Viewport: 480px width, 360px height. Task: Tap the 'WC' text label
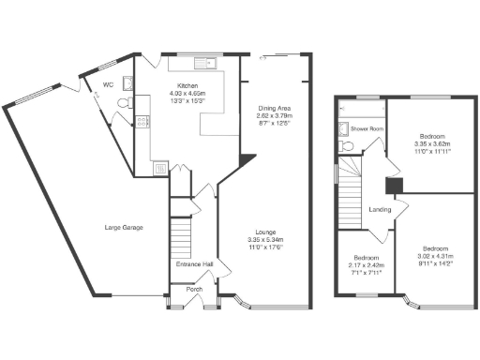click(x=107, y=83)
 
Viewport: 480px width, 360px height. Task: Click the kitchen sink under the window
click(x=203, y=64)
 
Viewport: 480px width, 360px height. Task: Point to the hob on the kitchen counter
click(x=142, y=121)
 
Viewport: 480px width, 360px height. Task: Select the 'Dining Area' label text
click(x=277, y=108)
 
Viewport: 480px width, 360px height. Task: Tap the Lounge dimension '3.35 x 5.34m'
click(x=275, y=239)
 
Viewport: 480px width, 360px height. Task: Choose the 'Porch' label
click(x=194, y=289)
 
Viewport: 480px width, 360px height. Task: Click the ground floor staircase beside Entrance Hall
click(x=178, y=231)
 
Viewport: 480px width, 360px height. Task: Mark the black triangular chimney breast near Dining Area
click(x=246, y=162)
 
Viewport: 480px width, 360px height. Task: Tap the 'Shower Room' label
click(x=367, y=129)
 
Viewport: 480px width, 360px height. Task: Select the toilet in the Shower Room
click(x=347, y=146)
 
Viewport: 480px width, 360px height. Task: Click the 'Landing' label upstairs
click(x=380, y=209)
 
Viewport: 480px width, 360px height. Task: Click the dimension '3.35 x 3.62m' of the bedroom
click(x=432, y=143)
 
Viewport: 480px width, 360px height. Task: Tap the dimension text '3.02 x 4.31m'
click(x=433, y=257)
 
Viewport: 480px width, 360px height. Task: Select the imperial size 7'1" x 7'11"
click(x=366, y=272)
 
